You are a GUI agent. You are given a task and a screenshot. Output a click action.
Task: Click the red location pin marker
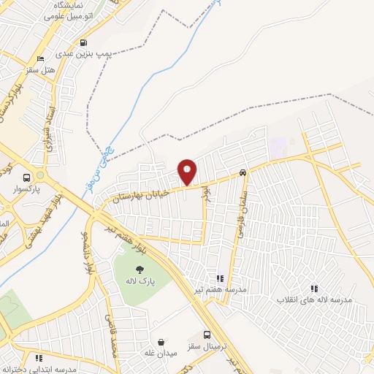187,172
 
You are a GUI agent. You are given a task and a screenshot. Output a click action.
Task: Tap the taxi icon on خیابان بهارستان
242,174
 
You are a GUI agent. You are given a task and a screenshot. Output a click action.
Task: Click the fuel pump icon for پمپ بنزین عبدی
83,42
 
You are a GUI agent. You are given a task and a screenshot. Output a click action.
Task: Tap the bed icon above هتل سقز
41,58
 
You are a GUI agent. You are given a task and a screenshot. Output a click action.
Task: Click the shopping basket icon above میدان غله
161,342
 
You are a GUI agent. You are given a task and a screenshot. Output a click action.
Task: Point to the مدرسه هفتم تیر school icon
219,278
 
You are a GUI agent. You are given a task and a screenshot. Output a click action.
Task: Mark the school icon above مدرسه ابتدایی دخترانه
38,358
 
